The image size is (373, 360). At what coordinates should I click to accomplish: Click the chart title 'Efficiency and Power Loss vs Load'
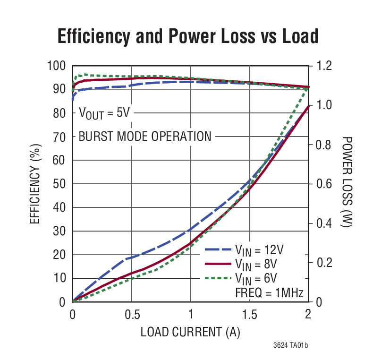pyautogui.click(x=187, y=36)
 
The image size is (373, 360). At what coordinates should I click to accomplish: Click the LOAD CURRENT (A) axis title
pyautogui.click(x=190, y=332)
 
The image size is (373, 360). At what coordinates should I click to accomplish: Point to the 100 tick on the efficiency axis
pyautogui.click(x=57, y=66)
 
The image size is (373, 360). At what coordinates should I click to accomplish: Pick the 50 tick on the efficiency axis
pyautogui.click(x=60, y=184)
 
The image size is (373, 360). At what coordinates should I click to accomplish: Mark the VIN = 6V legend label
pyautogui.click(x=259, y=277)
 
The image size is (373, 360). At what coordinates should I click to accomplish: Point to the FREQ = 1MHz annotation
pyautogui.click(x=269, y=291)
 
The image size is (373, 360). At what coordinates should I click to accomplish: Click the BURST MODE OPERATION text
pyautogui.click(x=145, y=137)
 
